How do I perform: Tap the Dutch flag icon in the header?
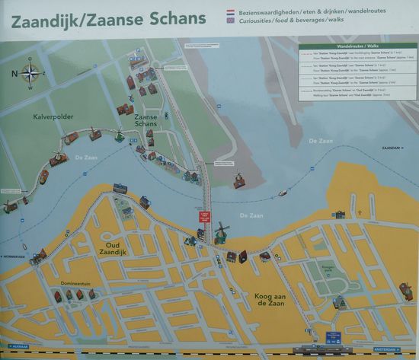231,13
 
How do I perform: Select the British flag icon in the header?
231,23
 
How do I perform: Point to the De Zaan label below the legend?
321,142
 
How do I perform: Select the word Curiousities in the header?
262,23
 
